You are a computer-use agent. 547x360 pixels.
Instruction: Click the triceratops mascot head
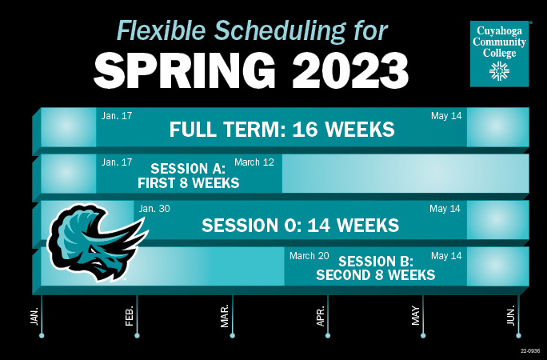click(90, 240)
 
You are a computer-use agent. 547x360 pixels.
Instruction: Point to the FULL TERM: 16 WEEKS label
click(282, 130)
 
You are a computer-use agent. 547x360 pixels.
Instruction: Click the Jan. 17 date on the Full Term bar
click(117, 116)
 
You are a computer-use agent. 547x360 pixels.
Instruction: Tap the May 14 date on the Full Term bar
click(446, 116)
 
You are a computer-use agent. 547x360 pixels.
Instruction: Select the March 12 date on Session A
click(254, 162)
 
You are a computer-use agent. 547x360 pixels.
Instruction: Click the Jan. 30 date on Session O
click(154, 209)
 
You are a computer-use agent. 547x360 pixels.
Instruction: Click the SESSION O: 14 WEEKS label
click(300, 225)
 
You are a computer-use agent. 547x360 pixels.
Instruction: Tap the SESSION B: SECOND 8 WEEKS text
click(375, 268)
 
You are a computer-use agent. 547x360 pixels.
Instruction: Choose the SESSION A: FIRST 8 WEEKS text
click(188, 176)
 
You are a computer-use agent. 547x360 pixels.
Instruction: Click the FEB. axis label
click(130, 315)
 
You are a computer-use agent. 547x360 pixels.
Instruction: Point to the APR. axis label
click(321, 315)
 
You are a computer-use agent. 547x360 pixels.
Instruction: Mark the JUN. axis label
click(511, 315)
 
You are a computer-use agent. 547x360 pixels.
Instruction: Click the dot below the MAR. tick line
click(232, 335)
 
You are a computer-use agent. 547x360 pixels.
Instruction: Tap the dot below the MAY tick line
click(423, 335)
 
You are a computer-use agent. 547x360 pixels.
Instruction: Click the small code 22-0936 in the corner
click(530, 350)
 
